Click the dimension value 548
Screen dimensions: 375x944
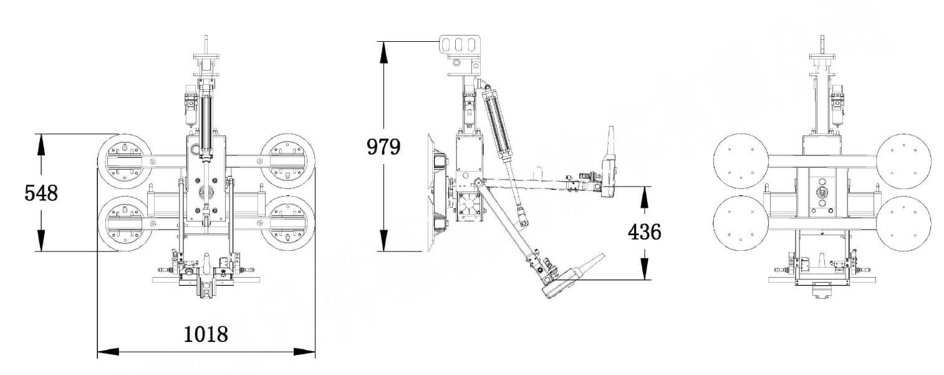[x=41, y=193]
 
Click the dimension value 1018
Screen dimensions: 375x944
[x=206, y=335]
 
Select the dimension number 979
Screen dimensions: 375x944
[x=383, y=147]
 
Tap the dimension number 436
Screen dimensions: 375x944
[x=644, y=233]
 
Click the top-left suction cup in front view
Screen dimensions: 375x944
[x=125, y=159]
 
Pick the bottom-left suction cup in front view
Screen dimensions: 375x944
[x=125, y=223]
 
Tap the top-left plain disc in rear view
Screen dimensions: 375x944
[x=740, y=160]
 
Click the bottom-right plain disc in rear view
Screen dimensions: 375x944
[x=903, y=223]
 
